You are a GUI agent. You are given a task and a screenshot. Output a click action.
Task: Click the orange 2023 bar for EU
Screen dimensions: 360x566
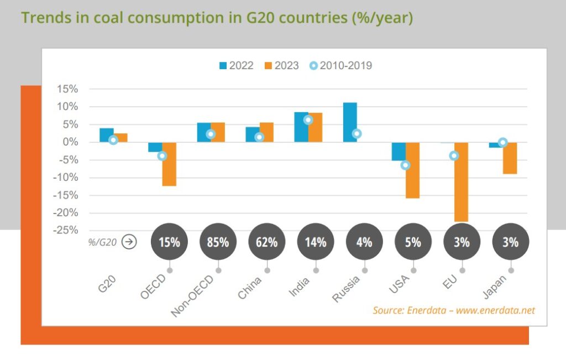click(462, 182)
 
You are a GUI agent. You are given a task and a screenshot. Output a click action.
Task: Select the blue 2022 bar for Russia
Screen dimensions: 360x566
click(349, 122)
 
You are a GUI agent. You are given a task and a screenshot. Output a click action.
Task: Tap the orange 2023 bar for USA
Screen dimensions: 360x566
click(412, 170)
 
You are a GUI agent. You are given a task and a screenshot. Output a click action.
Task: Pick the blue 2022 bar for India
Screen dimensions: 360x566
click(301, 127)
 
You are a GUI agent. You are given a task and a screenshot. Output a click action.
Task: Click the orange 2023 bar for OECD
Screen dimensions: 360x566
click(169, 164)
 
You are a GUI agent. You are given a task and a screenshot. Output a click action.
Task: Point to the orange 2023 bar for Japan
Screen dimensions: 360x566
click(510, 158)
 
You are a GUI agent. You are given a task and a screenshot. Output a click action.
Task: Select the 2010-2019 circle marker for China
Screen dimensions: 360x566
click(259, 137)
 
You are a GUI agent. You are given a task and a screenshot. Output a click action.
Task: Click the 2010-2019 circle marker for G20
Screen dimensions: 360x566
click(113, 140)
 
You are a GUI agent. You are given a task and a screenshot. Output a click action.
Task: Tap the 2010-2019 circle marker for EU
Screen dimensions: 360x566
click(454, 156)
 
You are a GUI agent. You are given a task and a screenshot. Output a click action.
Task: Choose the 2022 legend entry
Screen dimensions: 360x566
click(236, 66)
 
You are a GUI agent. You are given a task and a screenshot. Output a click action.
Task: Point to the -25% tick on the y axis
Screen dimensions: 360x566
click(67, 231)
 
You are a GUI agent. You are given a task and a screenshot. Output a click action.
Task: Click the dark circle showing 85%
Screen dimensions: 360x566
click(218, 242)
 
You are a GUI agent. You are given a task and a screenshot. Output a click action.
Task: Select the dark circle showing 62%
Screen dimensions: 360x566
click(267, 242)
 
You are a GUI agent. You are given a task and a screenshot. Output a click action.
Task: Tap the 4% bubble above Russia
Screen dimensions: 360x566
click(364, 242)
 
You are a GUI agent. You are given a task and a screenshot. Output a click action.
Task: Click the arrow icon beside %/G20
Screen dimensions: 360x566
click(128, 242)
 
